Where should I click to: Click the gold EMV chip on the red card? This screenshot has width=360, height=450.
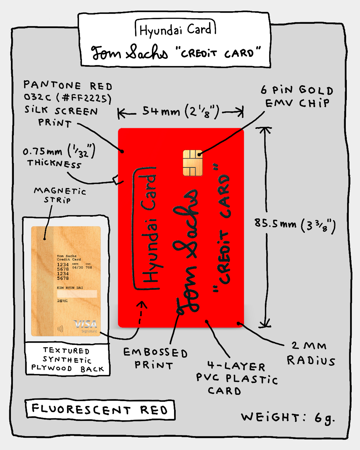pyautogui.click(x=193, y=162)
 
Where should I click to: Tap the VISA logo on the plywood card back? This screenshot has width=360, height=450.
pyautogui.click(x=85, y=324)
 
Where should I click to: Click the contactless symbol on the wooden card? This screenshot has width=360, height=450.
pyautogui.click(x=60, y=329)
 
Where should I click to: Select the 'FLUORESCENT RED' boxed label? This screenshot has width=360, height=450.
pyautogui.click(x=100, y=410)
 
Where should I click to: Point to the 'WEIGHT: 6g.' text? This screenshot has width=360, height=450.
pyautogui.click(x=288, y=418)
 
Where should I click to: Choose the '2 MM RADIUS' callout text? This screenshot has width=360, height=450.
pyautogui.click(x=310, y=353)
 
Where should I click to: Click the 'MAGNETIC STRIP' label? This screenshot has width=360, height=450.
pyautogui.click(x=59, y=195)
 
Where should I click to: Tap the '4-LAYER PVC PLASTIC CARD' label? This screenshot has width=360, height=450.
pyautogui.click(x=236, y=378)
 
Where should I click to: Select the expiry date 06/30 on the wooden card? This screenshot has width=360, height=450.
pyautogui.click(x=78, y=267)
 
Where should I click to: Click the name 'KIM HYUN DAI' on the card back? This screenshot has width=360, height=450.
pyautogui.click(x=70, y=288)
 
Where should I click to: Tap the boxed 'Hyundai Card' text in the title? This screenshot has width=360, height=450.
pyautogui.click(x=175, y=30)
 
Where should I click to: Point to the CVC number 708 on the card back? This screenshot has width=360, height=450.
pyautogui.click(x=89, y=267)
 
